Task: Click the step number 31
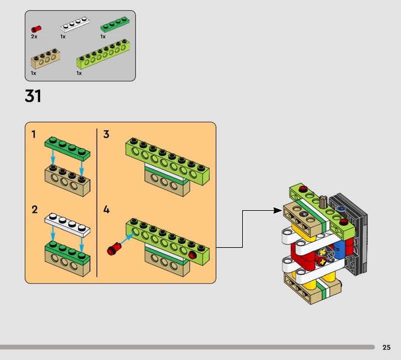point(33,96)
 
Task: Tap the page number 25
point(386,347)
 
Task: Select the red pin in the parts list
point(36,29)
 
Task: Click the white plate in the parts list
point(75,24)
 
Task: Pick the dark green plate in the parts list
point(115,24)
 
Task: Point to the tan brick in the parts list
point(46,59)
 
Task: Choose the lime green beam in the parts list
point(103,54)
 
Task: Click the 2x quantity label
point(34,37)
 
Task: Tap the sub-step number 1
point(34,134)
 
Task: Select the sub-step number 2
point(35,210)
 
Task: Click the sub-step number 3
point(106,134)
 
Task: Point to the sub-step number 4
point(106,210)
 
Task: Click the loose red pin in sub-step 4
point(114,249)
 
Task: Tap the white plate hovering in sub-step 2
point(68,225)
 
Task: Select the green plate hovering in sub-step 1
point(68,149)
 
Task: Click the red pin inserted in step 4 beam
point(192,255)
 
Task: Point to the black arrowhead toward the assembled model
point(278,211)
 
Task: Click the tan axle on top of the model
point(323,202)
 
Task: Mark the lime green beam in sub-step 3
point(167,161)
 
